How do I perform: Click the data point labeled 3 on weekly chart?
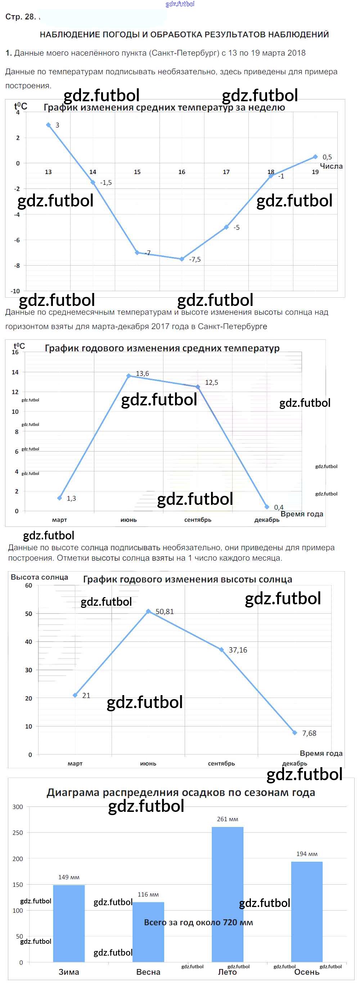point(48,125)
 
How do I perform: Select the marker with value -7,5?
point(182,259)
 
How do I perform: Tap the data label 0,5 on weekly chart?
point(327,157)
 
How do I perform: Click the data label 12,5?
point(211,382)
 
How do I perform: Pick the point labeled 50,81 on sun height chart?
point(148,611)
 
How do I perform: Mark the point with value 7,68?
point(294,733)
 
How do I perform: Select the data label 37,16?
point(238,650)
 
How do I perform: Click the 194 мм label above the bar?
point(307,854)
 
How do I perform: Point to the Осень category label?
point(306,972)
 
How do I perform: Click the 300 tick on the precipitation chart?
point(18,806)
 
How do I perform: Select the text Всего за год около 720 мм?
point(198,922)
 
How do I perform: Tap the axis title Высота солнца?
point(39,577)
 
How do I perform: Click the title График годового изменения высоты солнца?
point(187,579)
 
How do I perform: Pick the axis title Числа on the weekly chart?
point(331,166)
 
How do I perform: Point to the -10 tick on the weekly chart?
point(15,291)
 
